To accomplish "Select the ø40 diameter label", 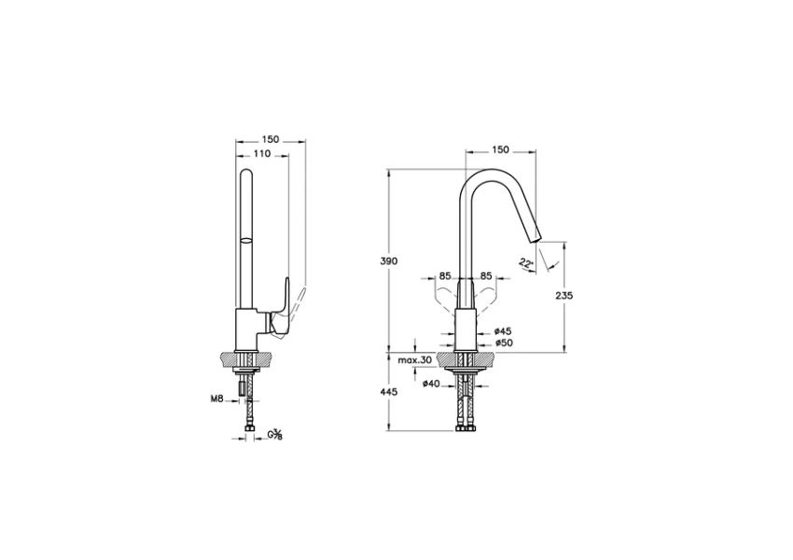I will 431,384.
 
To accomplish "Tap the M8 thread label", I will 217,399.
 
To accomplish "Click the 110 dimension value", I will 261,154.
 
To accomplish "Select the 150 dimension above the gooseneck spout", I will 500,149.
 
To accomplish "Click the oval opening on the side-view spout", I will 246,241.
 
